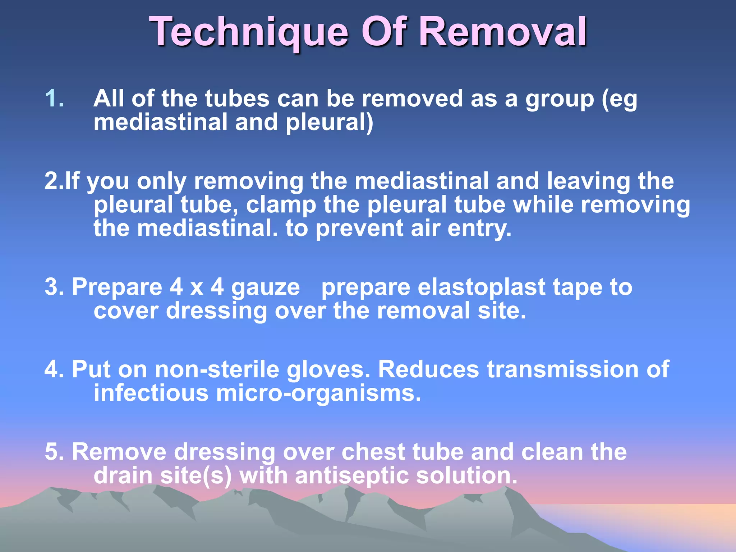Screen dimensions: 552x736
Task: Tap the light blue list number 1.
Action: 55,98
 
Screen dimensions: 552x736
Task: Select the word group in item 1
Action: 560,99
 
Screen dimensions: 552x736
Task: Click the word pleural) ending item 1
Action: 329,123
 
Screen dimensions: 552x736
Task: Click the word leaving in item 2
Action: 588,181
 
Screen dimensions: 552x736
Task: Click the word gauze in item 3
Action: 265,287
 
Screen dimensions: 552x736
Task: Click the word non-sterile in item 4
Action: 217,369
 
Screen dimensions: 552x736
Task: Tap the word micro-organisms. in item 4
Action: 318,393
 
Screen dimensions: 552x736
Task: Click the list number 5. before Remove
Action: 54,452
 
